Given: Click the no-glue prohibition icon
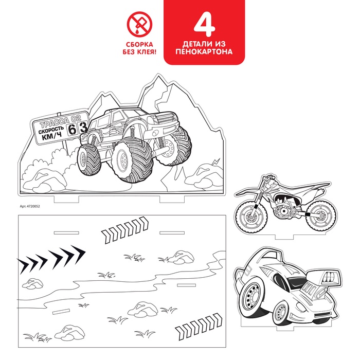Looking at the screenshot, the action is pyautogui.click(x=139, y=24).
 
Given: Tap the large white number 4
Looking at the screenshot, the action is pyautogui.click(x=204, y=24).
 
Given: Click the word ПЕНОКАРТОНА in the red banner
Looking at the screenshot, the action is pyautogui.click(x=204, y=51).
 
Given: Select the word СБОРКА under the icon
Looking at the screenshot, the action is pyautogui.click(x=139, y=44).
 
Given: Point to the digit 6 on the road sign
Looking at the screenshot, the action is pyautogui.click(x=72, y=130).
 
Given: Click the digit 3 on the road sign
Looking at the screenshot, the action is pyautogui.click(x=83, y=127).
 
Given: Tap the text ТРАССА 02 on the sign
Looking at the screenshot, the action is pyautogui.click(x=60, y=121).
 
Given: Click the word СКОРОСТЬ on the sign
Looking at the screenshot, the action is pyautogui.click(x=51, y=130).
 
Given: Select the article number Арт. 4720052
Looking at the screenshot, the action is pyautogui.click(x=30, y=206).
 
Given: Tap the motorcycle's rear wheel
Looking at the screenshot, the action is pyautogui.click(x=321, y=216).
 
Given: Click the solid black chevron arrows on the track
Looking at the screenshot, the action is pyautogui.click(x=51, y=259).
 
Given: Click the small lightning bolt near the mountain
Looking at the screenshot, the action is pyautogui.click(x=216, y=161).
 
